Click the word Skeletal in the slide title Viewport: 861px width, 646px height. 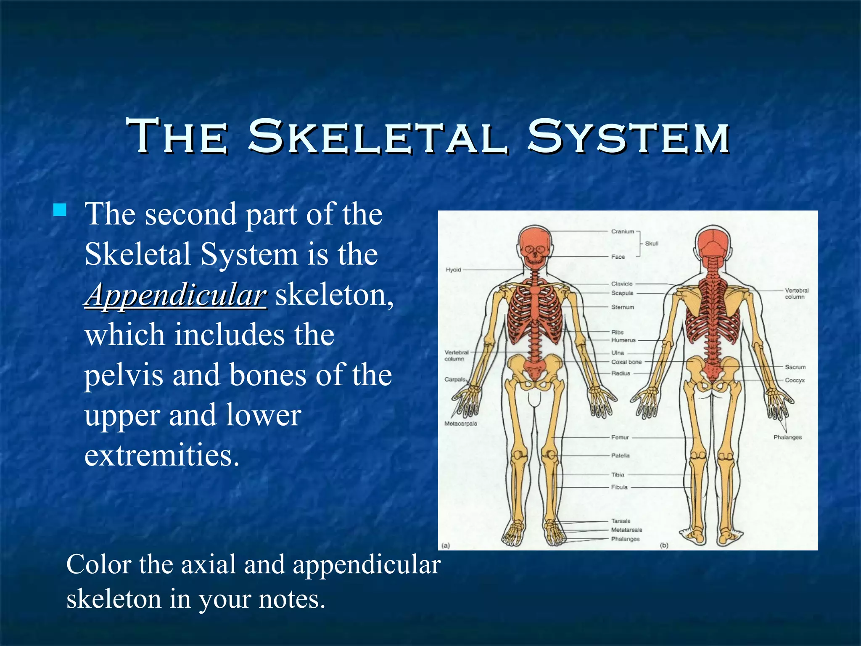coord(378,137)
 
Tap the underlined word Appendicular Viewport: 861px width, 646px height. coord(176,295)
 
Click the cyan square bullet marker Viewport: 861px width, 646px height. coord(60,210)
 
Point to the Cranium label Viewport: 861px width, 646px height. coord(622,231)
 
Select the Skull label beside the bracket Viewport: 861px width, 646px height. coord(652,244)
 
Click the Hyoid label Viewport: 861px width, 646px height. coord(453,270)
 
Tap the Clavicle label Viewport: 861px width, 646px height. coord(622,284)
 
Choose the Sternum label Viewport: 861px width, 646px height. coord(623,307)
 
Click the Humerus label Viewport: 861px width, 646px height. coord(623,340)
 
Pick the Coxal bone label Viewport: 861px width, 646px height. coord(626,362)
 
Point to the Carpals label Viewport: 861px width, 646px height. coord(455,379)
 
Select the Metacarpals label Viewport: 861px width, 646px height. coord(461,424)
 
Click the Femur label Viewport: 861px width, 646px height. coord(620,437)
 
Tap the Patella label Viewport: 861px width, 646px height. coord(621,455)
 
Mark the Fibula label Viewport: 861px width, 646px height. coord(619,487)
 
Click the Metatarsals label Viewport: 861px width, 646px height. coord(626,530)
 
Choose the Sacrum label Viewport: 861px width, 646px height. coord(795,367)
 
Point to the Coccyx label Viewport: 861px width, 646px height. coord(795,380)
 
